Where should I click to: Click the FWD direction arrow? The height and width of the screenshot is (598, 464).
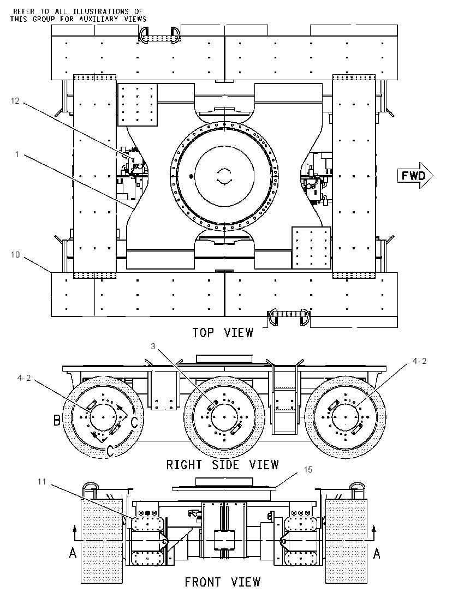point(415,176)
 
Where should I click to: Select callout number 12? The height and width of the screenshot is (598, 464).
point(15,101)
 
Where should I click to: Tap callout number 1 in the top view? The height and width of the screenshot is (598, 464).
point(17,154)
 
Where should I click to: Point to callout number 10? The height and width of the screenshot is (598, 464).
point(15,254)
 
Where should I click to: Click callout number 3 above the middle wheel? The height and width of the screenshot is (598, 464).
point(153,346)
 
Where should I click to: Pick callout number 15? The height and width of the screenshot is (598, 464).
point(308,470)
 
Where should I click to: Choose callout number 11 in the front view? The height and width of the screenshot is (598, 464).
point(41,482)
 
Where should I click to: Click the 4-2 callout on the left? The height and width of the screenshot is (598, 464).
point(23,378)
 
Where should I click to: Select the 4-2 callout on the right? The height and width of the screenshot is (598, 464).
point(419,361)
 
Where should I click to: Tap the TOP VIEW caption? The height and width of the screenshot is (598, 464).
point(223,333)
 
